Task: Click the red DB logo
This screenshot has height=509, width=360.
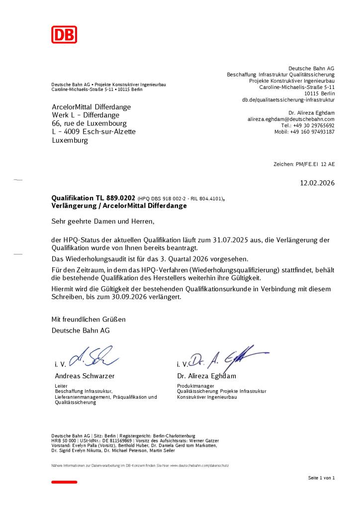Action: click(65, 34)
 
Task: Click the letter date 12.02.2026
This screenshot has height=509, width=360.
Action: click(317, 183)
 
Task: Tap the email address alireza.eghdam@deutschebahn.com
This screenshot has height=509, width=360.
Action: click(291, 119)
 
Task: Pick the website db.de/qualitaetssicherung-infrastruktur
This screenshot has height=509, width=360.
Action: click(288, 100)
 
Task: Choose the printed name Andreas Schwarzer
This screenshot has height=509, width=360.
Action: click(85, 376)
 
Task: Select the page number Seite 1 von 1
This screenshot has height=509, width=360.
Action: click(321, 478)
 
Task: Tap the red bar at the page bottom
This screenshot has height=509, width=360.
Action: click(65, 482)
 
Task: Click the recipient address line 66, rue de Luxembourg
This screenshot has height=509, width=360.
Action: click(90, 123)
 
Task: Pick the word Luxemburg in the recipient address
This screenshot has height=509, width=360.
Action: click(70, 141)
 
